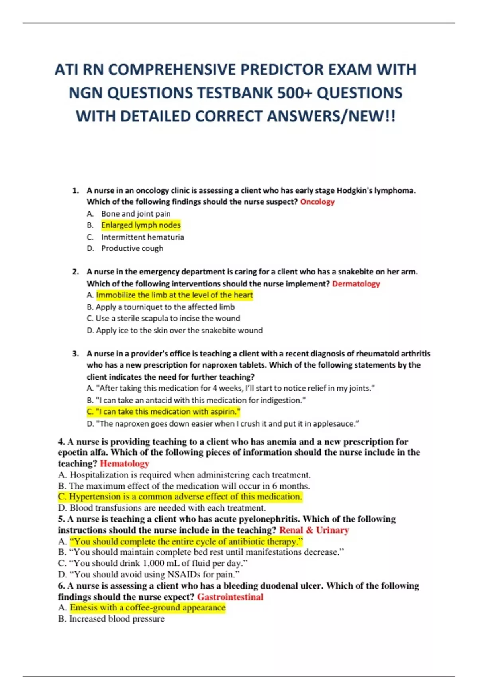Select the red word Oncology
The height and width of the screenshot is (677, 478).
(317, 202)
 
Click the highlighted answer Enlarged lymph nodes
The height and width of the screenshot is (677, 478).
(141, 225)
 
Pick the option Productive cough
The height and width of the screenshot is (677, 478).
(132, 248)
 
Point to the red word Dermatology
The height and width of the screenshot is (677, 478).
(356, 284)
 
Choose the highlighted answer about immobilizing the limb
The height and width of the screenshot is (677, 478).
(174, 295)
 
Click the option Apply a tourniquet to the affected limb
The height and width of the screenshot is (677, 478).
(165, 307)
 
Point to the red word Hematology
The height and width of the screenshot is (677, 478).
(124, 464)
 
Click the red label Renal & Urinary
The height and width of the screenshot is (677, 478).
(314, 530)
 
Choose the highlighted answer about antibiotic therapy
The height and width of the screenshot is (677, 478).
(186, 542)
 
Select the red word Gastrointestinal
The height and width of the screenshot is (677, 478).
(230, 597)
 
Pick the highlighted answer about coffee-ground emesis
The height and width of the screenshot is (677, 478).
(147, 608)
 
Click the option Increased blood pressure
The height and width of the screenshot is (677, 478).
(116, 619)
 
